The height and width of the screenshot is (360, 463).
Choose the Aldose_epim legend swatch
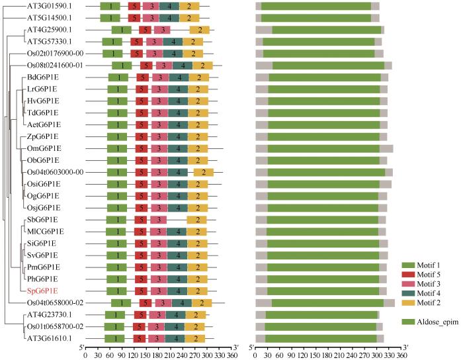(409, 322)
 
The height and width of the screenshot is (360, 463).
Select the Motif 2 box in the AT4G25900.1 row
(200, 30)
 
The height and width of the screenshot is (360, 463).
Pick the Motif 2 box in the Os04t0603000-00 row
(204, 173)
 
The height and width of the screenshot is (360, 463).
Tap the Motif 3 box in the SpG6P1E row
(158, 291)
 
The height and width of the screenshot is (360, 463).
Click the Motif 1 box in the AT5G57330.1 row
(112, 42)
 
